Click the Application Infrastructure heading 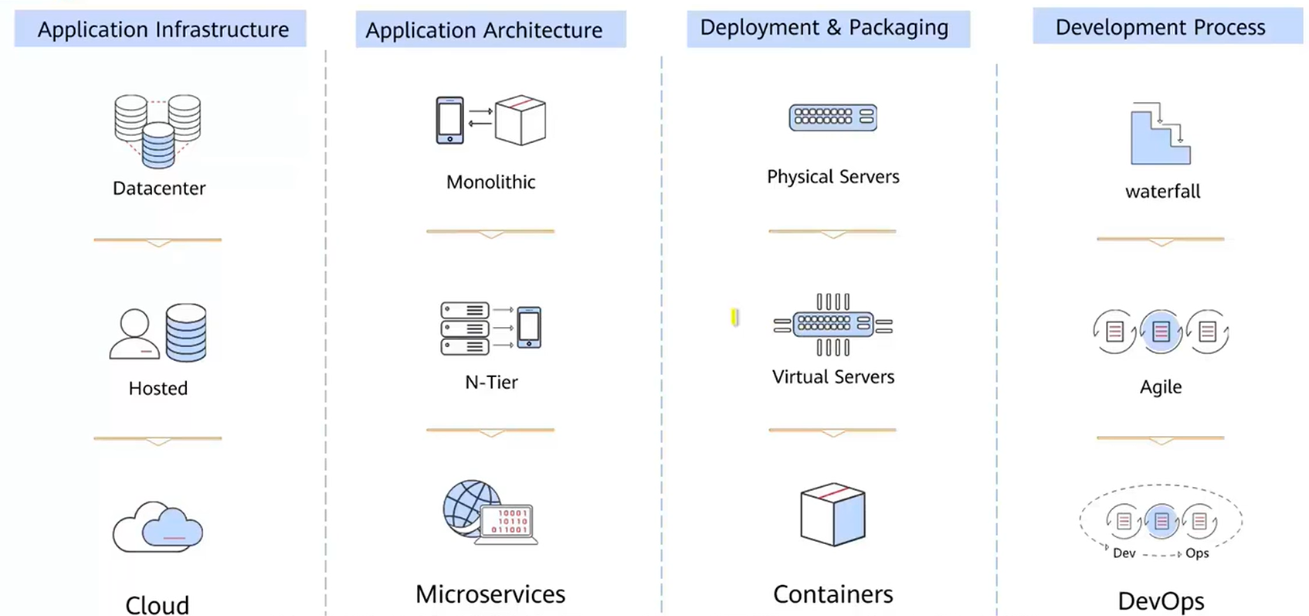(x=162, y=29)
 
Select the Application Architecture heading (x=483, y=30)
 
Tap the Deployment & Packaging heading (x=824, y=28)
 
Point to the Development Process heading (x=1160, y=28)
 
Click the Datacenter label (x=159, y=189)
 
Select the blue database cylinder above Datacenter (x=158, y=147)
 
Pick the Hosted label (x=158, y=388)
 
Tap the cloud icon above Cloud (x=158, y=527)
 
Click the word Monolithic (x=490, y=182)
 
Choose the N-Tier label (x=491, y=382)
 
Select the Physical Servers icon (x=833, y=117)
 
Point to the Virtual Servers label (x=833, y=377)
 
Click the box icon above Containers (x=833, y=515)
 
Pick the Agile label (x=1161, y=387)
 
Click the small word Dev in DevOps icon (x=1124, y=553)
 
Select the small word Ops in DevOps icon (x=1197, y=553)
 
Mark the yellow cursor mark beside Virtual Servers (x=734, y=317)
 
